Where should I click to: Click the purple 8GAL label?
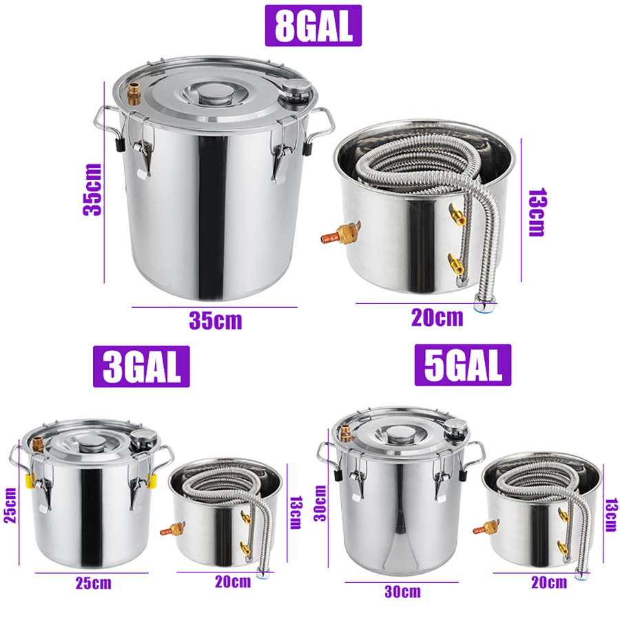[313, 25]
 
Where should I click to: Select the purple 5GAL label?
[462, 364]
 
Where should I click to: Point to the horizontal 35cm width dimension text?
[215, 320]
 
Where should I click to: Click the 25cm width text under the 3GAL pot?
[94, 583]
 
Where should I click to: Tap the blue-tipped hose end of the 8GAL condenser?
[486, 302]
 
